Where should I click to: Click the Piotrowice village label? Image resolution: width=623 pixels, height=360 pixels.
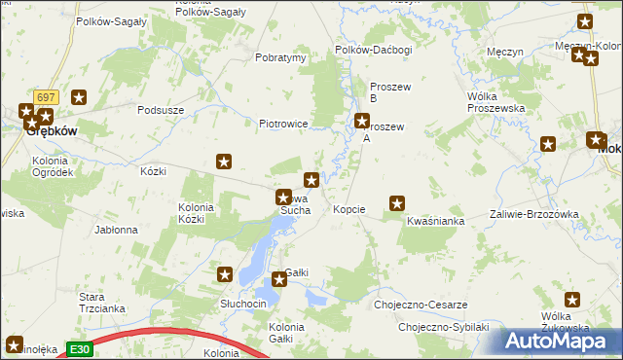(283, 125)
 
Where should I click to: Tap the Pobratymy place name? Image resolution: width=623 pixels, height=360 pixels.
(280, 57)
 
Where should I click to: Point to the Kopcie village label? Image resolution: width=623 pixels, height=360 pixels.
(348, 209)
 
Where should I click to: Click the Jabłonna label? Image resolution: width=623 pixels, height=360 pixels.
(116, 231)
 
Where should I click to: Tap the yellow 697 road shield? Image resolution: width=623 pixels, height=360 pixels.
(46, 97)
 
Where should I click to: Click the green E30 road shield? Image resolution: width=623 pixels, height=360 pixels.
(80, 348)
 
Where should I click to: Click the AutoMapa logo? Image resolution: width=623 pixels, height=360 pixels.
(560, 342)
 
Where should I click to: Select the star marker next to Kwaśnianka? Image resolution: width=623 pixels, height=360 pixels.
(397, 203)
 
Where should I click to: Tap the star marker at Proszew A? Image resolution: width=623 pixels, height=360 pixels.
(362, 122)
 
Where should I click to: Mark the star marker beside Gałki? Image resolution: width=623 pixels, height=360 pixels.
(280, 280)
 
